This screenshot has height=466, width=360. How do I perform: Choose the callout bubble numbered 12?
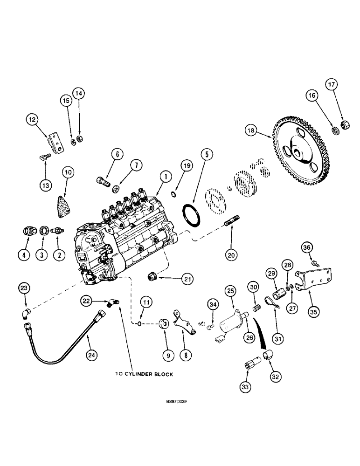point(31,120)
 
